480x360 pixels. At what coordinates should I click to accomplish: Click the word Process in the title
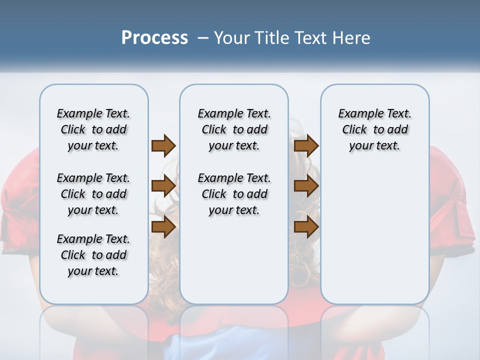point(154,38)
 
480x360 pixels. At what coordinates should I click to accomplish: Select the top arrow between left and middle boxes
point(163,145)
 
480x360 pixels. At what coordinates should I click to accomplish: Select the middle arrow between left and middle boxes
point(163,186)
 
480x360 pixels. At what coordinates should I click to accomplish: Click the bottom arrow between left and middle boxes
point(163,226)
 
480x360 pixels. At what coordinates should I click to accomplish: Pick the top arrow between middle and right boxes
point(306,145)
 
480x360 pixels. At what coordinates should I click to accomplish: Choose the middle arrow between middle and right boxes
point(306,186)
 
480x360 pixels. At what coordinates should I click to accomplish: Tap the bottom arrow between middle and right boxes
point(306,226)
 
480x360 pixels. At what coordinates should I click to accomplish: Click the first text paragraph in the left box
point(93,129)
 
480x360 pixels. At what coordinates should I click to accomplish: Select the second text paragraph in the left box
point(93,194)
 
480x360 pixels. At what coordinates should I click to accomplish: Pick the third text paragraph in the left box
point(93,255)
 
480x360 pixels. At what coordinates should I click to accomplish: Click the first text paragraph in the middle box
point(234,129)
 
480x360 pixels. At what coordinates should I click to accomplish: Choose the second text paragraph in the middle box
point(234,194)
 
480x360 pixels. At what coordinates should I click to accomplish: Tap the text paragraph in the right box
point(374,129)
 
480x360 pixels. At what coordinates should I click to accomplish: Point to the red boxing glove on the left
point(20,210)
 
